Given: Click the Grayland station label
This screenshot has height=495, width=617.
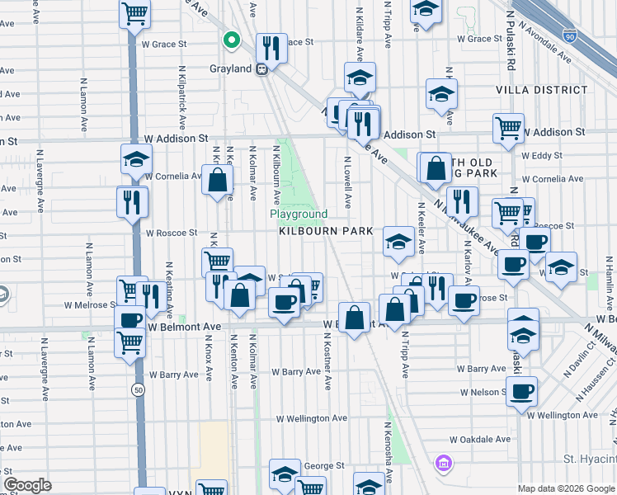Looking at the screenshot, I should pos(230,68).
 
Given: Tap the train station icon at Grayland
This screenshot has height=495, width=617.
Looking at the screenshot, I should pos(262,69).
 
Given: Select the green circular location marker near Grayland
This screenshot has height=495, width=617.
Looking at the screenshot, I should pos(233,40).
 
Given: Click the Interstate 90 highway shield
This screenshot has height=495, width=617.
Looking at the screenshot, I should pos(570,36).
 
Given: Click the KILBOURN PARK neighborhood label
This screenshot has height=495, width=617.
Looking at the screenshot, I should pos(326,233).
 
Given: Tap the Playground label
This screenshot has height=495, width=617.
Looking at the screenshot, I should pos(299,214).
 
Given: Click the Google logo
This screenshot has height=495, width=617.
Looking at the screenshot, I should pos(27,485).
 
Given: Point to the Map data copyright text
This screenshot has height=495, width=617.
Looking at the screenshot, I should pos(565,488).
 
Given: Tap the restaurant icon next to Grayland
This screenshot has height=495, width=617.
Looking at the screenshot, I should pos(271,46).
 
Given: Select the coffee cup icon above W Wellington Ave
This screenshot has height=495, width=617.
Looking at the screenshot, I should pos(521,390).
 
